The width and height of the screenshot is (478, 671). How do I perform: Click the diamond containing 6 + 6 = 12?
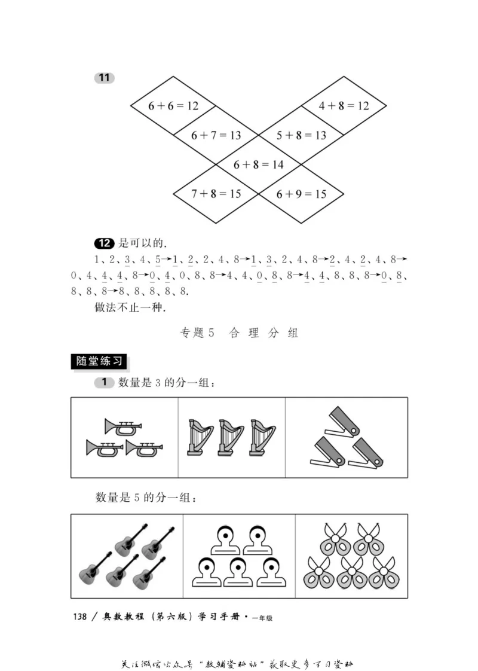[x=173, y=106]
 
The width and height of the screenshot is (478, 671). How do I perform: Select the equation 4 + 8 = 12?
[x=344, y=106]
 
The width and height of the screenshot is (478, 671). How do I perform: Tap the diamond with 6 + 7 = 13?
[x=216, y=135]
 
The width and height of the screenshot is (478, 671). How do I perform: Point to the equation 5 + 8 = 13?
[x=301, y=135]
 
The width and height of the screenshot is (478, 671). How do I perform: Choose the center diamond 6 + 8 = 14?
[x=258, y=164]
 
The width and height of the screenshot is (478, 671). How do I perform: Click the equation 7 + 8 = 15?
[x=216, y=194]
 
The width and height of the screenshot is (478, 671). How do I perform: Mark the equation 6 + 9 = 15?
[x=301, y=194]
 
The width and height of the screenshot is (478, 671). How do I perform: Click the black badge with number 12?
[x=104, y=243]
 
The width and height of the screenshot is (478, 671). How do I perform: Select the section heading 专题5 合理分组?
[x=239, y=333]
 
